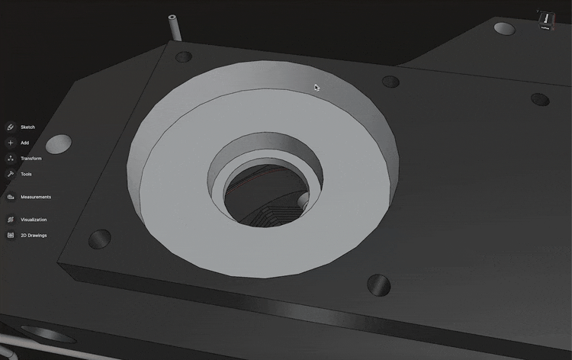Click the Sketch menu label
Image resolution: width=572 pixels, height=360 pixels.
[27, 127]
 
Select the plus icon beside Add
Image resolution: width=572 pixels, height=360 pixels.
[11, 143]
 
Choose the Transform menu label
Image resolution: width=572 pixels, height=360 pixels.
[31, 159]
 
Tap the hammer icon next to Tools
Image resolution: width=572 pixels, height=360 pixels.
[11, 174]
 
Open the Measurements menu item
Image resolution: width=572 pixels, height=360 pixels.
[36, 197]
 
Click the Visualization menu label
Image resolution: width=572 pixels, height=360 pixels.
[34, 220]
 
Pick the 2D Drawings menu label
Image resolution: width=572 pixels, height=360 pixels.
[34, 235]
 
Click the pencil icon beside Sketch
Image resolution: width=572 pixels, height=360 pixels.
[11, 127]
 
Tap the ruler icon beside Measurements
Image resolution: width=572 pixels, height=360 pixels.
[11, 197]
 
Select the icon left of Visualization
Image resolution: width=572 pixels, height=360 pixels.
[11, 220]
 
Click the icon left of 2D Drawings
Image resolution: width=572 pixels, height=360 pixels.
[11, 235]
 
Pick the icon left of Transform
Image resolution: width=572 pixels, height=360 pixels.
[11, 159]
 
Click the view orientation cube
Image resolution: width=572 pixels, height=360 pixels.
[546, 18]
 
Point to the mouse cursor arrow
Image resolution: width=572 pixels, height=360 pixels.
[317, 87]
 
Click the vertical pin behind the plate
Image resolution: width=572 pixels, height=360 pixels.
[174, 27]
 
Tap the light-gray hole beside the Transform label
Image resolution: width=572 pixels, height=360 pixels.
[59, 143]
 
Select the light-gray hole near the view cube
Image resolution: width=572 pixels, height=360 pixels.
[503, 29]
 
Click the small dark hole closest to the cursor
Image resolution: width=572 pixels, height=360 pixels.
[390, 81]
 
